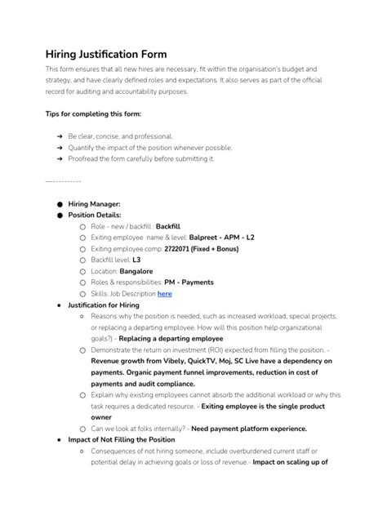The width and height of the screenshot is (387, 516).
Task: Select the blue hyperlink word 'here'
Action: point(164,293)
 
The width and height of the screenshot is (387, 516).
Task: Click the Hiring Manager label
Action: point(94,203)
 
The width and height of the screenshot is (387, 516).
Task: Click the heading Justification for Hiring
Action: point(103,305)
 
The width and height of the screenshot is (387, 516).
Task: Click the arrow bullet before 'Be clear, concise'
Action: point(60,136)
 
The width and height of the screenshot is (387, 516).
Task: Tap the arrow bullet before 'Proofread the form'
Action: point(60,158)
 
